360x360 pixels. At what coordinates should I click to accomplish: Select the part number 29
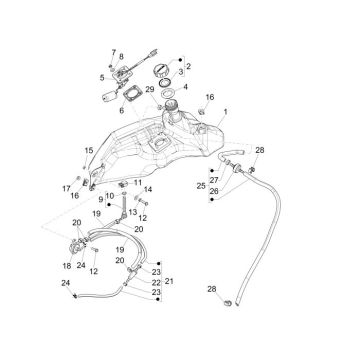coord(149,91)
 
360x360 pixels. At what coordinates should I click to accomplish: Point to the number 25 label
coord(201,186)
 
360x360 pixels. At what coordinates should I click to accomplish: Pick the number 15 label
coord(87,150)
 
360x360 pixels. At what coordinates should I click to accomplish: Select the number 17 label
coord(66,187)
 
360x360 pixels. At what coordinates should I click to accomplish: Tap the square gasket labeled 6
coord(129,96)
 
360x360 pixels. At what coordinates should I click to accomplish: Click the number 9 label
coord(101,200)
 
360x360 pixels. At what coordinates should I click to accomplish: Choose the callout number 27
coord(213,180)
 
